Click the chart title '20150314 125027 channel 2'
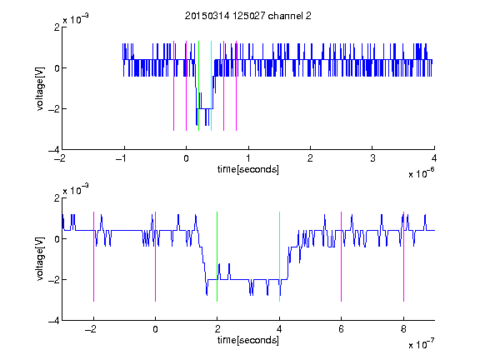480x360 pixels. click(248, 16)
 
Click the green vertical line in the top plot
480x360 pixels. click(198, 86)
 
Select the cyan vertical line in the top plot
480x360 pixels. click(211, 86)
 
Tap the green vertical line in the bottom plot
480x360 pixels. click(217, 257)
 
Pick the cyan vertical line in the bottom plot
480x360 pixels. click(279, 257)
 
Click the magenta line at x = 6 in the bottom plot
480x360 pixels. click(342, 257)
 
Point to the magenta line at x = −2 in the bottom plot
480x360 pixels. click(93, 257)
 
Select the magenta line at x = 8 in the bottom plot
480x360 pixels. click(404, 257)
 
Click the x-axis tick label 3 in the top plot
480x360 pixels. click(372, 158)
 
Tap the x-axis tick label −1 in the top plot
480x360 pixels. click(121, 158)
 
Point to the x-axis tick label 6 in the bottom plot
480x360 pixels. click(342, 329)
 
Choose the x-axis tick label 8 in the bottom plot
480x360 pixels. click(404, 329)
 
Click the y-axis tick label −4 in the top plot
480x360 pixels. click(54, 150)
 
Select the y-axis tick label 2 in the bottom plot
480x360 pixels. click(57, 198)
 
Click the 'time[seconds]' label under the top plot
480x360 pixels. click(248, 169)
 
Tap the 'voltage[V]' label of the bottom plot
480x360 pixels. click(40, 258)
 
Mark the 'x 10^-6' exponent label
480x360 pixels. click(422, 173)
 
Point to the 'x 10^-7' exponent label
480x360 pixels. click(422, 344)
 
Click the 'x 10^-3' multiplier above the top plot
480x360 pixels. click(76, 19)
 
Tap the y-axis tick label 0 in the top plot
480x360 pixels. click(57, 68)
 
